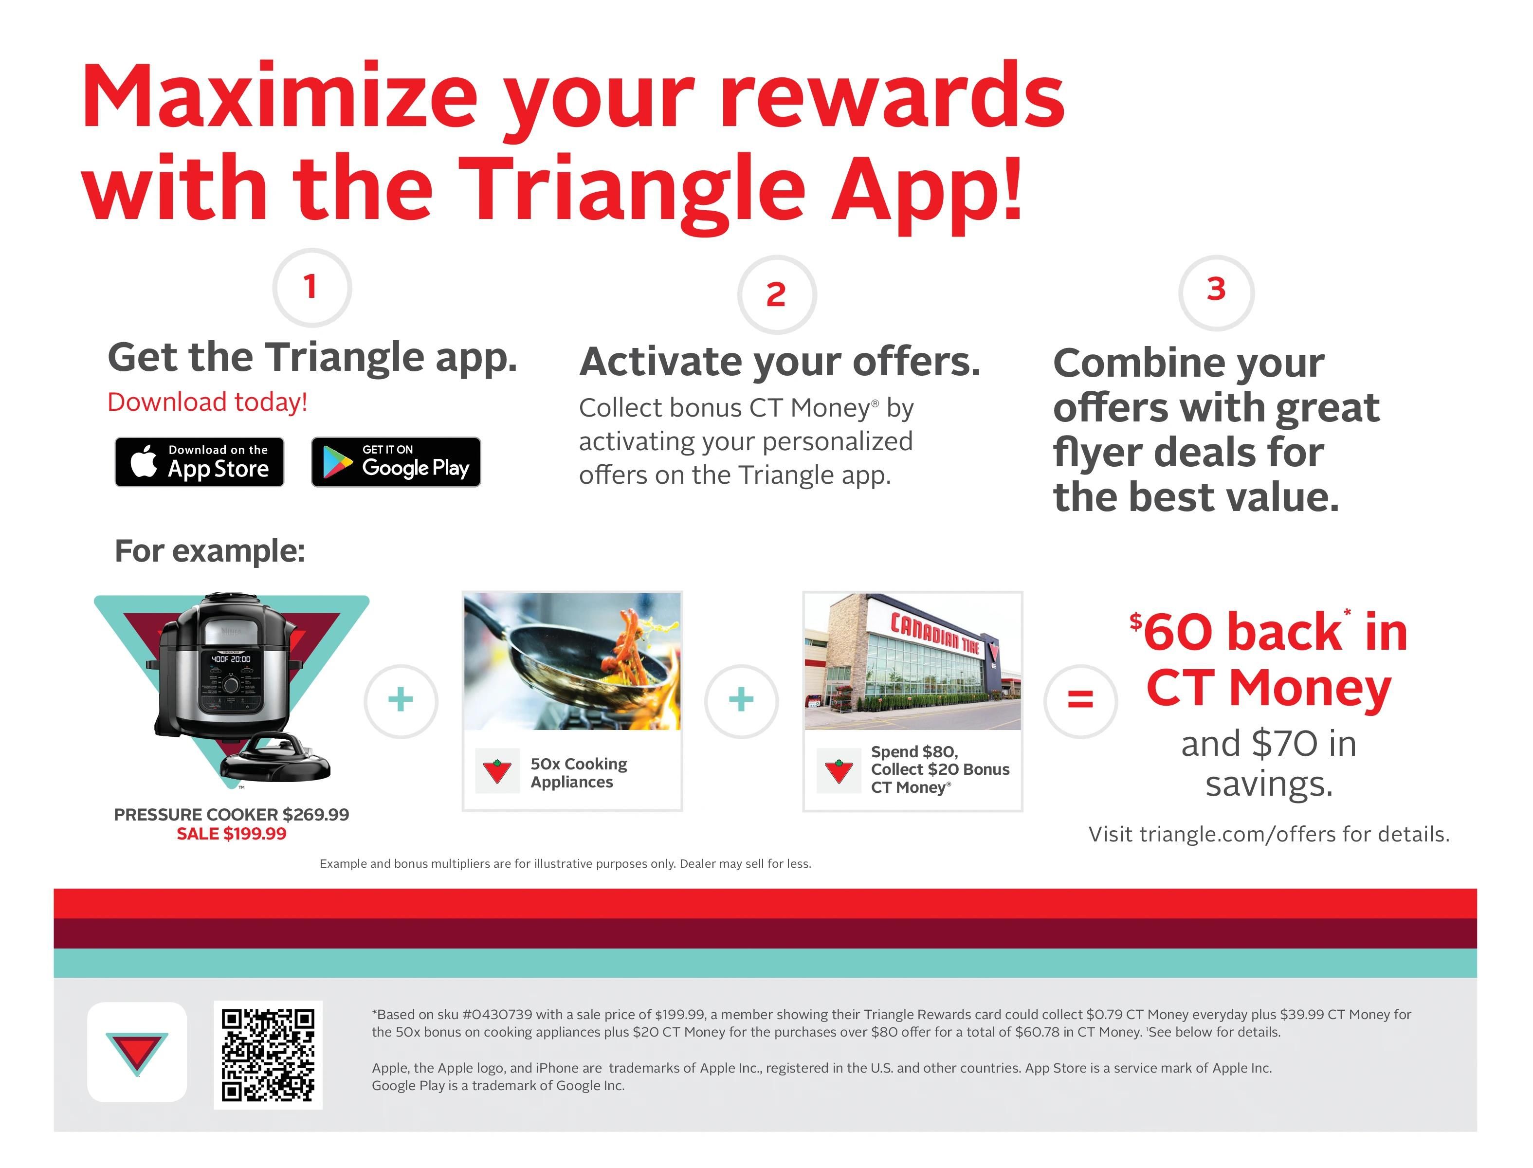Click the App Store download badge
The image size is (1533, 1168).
pos(200,462)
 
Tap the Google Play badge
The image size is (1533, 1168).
pos(396,462)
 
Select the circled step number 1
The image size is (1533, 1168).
pos(311,287)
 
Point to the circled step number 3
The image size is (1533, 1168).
pos(1216,292)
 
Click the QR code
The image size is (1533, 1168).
pos(268,1055)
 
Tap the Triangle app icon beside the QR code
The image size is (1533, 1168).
pos(137,1052)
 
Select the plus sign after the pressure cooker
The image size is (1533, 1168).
pos(401,700)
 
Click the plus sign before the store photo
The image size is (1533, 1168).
pos(741,700)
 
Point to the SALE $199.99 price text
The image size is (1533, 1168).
pos(232,834)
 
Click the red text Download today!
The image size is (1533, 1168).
pos(207,402)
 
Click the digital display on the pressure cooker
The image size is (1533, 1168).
pos(232,658)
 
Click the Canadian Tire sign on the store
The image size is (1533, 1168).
pos(935,633)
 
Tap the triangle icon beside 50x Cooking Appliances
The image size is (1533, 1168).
pos(497,771)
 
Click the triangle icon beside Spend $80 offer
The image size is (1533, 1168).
pos(839,771)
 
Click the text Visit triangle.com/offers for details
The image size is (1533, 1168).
pos(1269,834)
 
